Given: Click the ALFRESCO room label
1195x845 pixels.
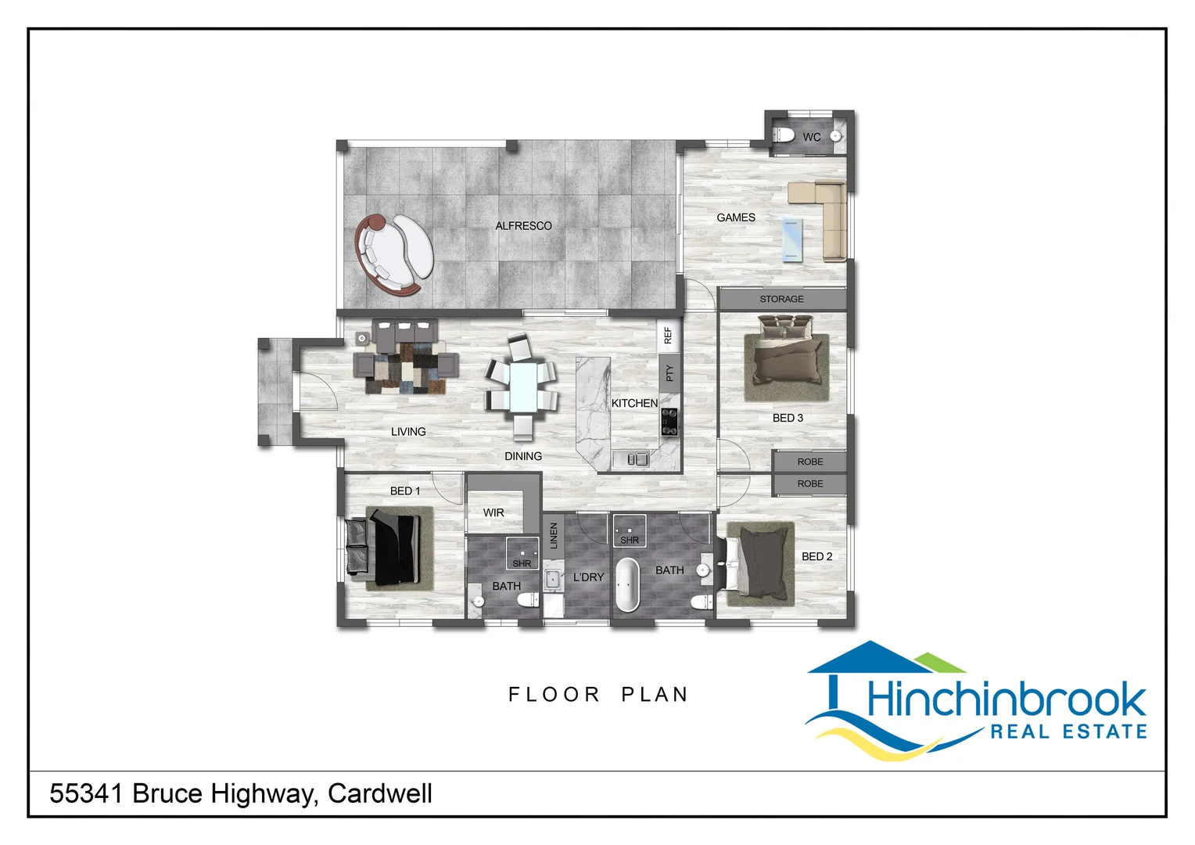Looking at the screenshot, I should coord(523,226).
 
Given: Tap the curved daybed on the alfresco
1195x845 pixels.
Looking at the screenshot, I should coord(396,255).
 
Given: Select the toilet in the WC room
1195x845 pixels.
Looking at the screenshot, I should coord(784,135).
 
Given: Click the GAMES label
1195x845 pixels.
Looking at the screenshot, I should coord(736,218).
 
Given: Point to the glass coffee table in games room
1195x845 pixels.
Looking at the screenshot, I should coord(793,240).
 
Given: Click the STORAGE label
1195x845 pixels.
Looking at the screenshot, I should coord(781,299).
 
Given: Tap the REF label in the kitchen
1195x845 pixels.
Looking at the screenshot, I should coord(668,336).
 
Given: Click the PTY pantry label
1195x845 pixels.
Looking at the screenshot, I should coord(669,373).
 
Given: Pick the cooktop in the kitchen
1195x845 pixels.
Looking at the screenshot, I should coord(669,422).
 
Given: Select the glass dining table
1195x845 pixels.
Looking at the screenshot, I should coord(522,386).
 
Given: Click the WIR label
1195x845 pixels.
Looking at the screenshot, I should coord(493,513).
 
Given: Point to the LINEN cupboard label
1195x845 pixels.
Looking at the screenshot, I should coord(554,535).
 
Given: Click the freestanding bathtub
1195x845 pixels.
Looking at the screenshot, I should coord(627,584).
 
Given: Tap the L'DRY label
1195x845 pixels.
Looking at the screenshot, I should coord(588,577).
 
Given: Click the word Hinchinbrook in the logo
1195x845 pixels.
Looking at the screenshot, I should coord(1006,699).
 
